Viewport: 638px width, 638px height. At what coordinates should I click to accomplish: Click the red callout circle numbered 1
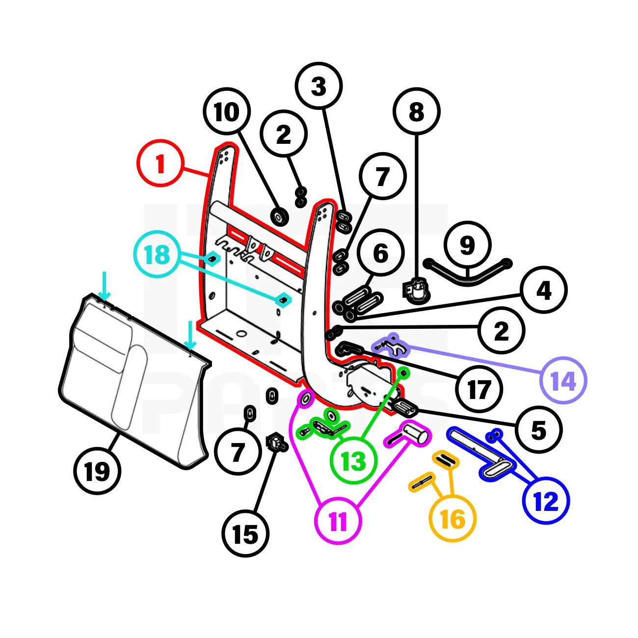[160, 163]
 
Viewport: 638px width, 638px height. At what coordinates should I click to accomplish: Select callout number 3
[319, 86]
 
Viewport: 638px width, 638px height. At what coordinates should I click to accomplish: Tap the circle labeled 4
[544, 291]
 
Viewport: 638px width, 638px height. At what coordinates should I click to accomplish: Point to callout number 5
[539, 430]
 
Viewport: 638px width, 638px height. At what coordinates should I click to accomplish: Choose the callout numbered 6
[381, 253]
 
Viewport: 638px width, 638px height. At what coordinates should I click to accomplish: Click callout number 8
[416, 112]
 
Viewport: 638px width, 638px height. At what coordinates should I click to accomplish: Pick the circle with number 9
[467, 245]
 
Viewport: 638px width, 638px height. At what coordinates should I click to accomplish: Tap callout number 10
[227, 112]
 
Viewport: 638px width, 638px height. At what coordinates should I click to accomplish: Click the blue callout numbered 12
[546, 501]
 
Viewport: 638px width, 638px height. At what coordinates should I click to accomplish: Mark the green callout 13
[353, 461]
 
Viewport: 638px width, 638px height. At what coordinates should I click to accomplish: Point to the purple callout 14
[563, 381]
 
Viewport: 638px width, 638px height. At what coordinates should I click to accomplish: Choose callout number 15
[245, 533]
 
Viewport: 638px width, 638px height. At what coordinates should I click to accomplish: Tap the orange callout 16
[452, 519]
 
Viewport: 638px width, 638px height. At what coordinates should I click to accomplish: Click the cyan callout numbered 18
[158, 254]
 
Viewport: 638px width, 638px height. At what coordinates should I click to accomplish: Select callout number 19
[97, 471]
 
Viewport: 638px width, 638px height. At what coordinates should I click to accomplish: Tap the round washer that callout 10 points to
[280, 216]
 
